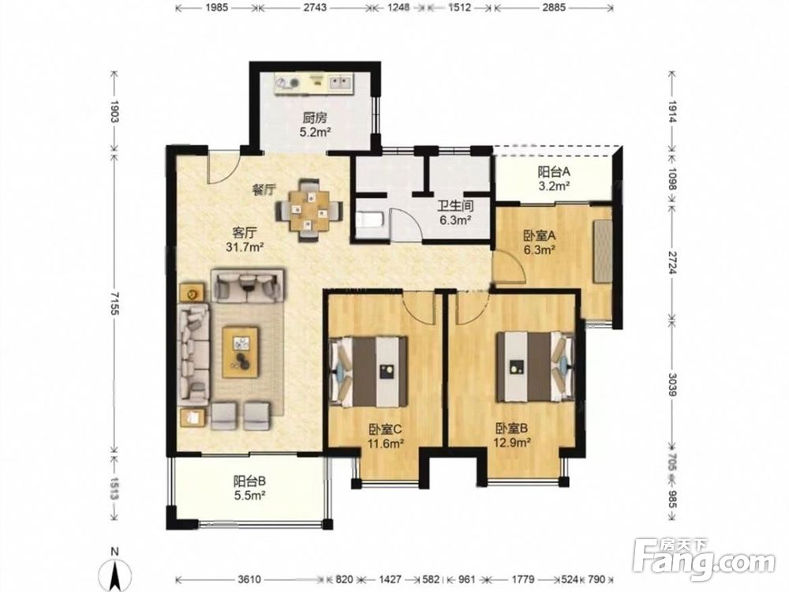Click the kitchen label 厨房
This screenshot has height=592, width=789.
click(315, 118)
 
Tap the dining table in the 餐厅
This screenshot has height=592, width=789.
click(309, 209)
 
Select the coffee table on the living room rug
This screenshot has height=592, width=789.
click(241, 352)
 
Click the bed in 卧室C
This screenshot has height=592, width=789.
click(368, 372)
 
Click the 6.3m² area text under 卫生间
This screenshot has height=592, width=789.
click(454, 220)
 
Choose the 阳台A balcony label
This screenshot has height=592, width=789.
click(554, 171)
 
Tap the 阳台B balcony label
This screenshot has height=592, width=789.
click(249, 481)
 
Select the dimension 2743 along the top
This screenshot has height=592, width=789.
click(315, 8)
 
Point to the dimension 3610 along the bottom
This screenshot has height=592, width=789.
click(249, 579)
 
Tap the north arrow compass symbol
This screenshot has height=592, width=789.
click(116, 571)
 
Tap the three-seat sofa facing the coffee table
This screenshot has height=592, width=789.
click(193, 354)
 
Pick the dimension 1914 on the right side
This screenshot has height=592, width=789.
click(671, 111)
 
